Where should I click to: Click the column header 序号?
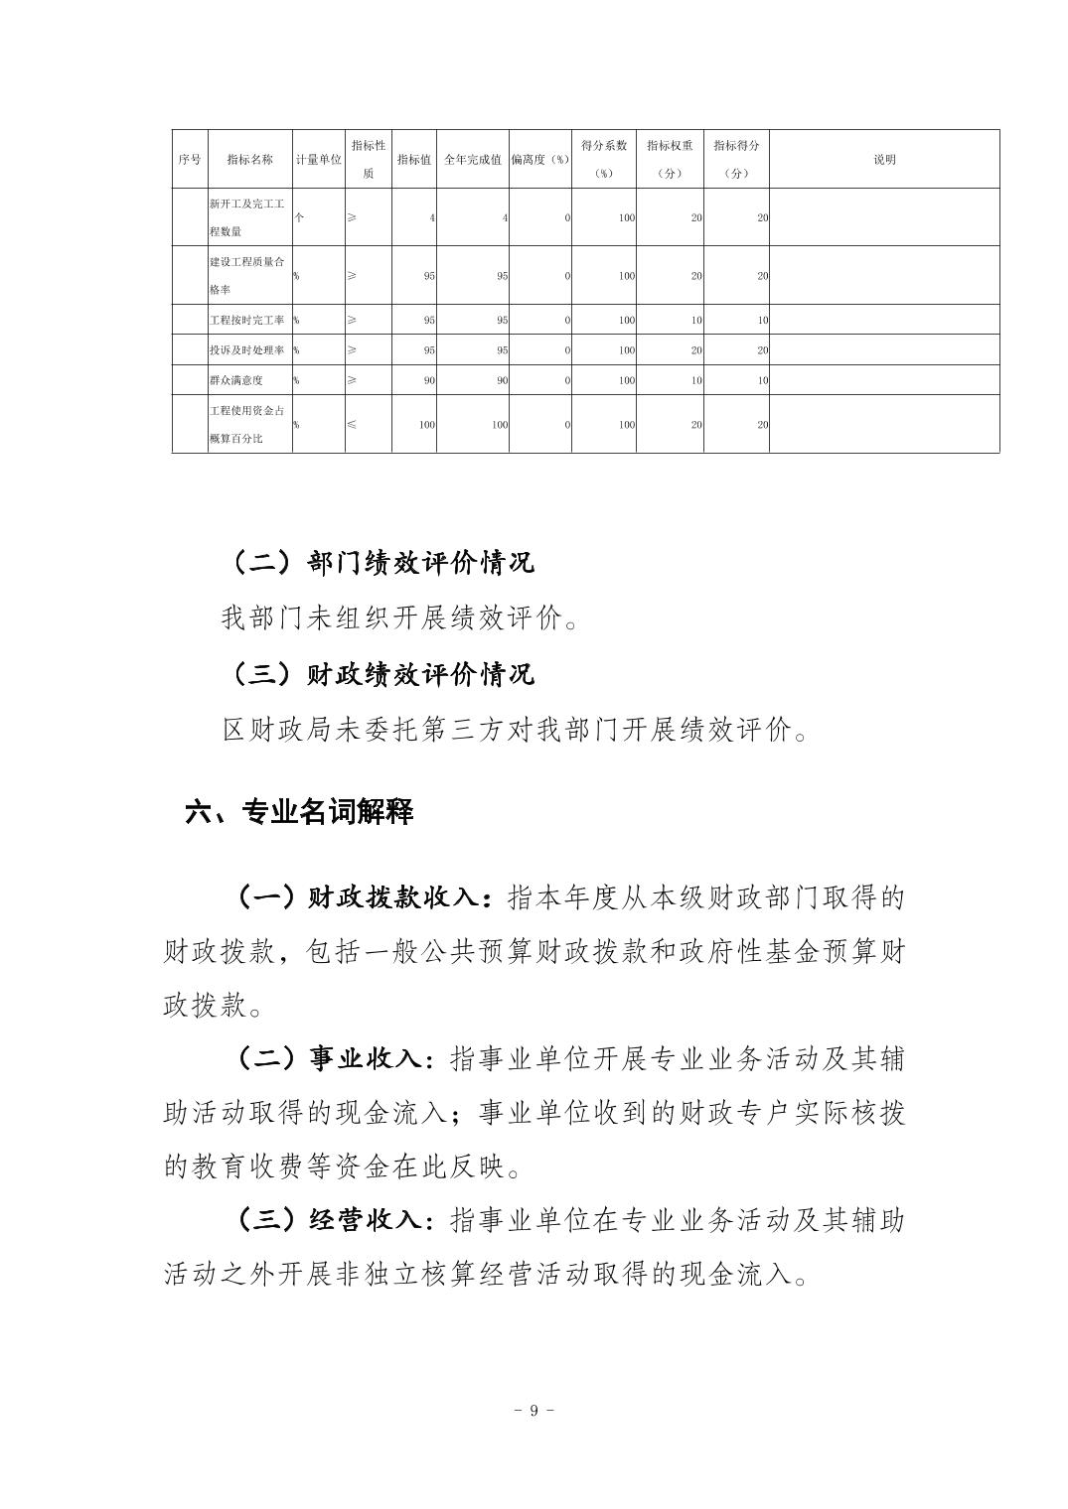click(x=190, y=160)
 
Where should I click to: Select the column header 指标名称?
click(x=249, y=160)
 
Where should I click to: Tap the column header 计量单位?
click(x=318, y=160)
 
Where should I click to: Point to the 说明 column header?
click(x=884, y=160)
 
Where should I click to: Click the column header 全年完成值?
click(x=473, y=160)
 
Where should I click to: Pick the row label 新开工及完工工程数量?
click(x=247, y=217)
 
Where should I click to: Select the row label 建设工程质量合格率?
click(x=247, y=276)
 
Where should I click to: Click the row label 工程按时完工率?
click(x=247, y=321)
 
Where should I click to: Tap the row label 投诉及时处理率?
click(x=247, y=350)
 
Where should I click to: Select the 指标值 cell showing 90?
click(x=429, y=380)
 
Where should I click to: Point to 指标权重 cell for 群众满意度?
click(x=696, y=380)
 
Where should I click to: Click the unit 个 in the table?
click(x=299, y=217)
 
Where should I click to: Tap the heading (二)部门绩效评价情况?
click(x=382, y=563)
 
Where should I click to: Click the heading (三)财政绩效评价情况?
click(x=382, y=674)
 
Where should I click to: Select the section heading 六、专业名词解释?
click(x=299, y=812)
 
